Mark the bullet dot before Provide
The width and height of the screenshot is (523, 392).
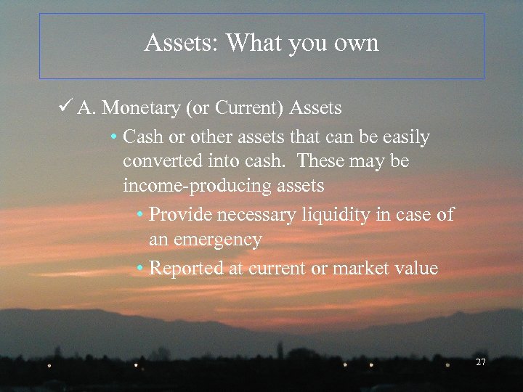[140, 215]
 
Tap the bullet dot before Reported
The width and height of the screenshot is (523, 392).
[140, 269]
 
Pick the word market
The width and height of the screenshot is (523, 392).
[362, 269]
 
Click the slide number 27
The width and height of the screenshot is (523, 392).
[480, 362]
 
